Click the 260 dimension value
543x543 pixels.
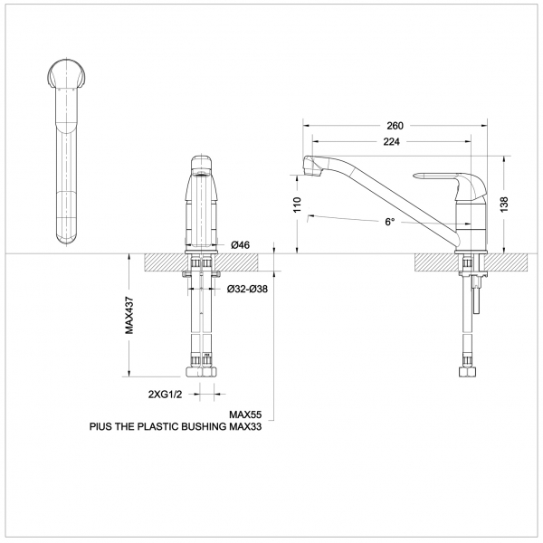pos(395,126)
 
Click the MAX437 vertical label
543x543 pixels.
pos(129,316)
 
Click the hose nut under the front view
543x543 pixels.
pos(203,371)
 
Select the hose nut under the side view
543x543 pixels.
pos(468,371)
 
